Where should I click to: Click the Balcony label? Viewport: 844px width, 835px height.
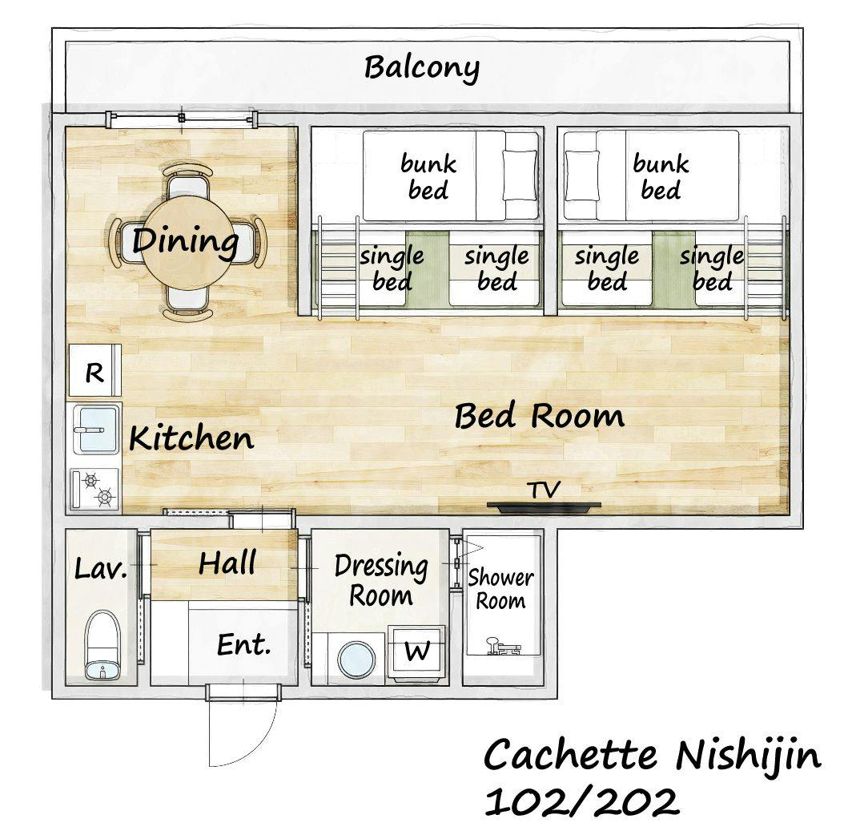click(x=421, y=68)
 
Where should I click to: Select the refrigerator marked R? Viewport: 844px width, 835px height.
click(x=94, y=371)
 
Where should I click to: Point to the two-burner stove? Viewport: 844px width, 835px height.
click(x=94, y=489)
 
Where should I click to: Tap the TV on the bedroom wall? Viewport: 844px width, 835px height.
click(x=544, y=506)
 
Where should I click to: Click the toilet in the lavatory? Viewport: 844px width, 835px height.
click(x=102, y=644)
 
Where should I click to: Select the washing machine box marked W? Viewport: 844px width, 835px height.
click(x=417, y=651)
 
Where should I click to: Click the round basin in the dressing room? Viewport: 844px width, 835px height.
click(x=356, y=659)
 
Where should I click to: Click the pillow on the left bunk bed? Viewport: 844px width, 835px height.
click(x=520, y=175)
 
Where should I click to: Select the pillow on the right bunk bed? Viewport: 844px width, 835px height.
click(x=582, y=175)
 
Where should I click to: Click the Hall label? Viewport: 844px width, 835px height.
click(x=227, y=563)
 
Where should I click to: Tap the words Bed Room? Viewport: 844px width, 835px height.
click(x=540, y=415)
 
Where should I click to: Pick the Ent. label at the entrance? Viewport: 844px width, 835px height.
click(x=243, y=644)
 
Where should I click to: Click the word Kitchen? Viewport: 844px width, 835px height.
click(x=191, y=438)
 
